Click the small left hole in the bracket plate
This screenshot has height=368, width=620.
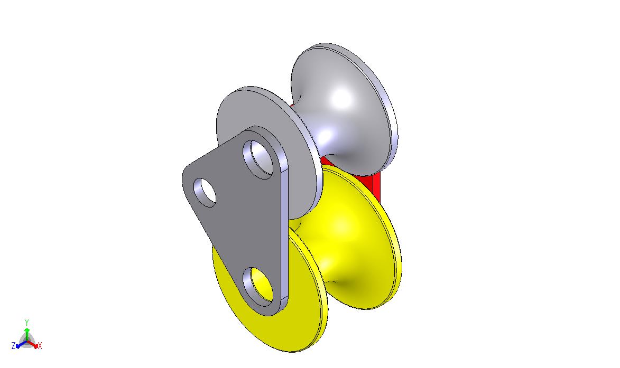(205, 192)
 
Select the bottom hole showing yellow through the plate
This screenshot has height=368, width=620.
(258, 286)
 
